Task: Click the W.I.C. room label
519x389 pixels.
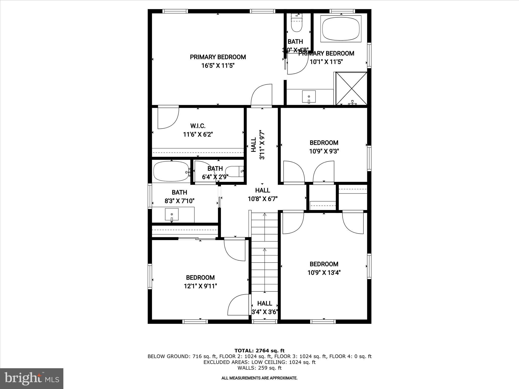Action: [x=198, y=126]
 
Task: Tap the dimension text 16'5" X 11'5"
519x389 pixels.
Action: [x=218, y=66]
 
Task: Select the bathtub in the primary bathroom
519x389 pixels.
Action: [x=341, y=29]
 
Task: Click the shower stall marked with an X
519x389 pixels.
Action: [x=351, y=88]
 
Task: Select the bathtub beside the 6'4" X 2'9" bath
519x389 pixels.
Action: [x=171, y=171]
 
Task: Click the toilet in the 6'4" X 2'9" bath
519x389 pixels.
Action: [x=235, y=171]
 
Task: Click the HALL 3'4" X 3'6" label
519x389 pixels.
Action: [x=265, y=307]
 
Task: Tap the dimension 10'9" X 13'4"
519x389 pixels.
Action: [x=324, y=273]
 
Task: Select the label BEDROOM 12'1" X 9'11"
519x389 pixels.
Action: [x=200, y=282]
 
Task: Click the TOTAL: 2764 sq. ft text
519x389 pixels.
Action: [x=259, y=351]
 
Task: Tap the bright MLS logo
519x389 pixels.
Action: [x=32, y=378]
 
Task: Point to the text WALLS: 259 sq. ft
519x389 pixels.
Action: [x=259, y=368]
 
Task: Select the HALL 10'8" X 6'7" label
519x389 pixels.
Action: [x=263, y=194]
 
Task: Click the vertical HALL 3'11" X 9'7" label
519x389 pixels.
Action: [x=258, y=145]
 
